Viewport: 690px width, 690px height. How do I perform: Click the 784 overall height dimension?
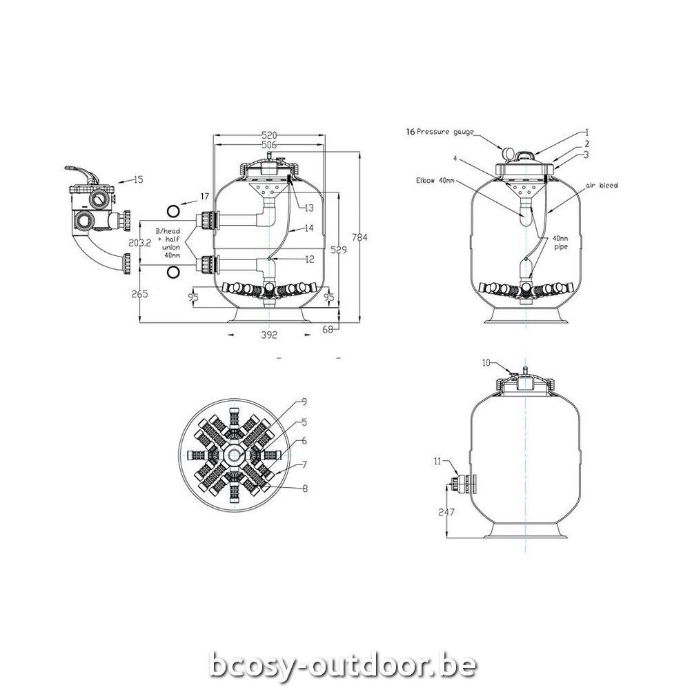[x=359, y=237]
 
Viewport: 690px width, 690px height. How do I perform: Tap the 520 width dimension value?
[x=269, y=135]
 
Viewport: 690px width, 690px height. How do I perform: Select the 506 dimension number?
[x=269, y=145]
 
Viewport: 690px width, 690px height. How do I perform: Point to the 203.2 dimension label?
[x=140, y=242]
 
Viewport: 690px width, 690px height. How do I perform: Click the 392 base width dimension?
[x=269, y=335]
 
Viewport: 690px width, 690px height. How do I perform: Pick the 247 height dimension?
[x=446, y=512]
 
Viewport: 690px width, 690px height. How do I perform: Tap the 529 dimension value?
[x=339, y=250]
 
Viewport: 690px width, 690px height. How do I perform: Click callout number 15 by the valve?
[x=138, y=179]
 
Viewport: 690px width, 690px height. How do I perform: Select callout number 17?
[x=204, y=196]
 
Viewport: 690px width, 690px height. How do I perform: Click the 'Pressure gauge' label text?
[x=445, y=132]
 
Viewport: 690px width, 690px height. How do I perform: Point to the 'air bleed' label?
[x=602, y=186]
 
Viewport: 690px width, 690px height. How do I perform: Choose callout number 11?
[x=437, y=462]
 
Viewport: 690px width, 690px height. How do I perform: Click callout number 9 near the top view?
[x=304, y=402]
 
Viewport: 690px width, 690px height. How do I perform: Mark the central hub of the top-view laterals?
[x=233, y=455]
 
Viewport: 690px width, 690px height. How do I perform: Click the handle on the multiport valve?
[x=81, y=172]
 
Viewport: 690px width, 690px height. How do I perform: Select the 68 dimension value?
[x=328, y=328]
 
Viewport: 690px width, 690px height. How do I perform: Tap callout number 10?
[x=486, y=363]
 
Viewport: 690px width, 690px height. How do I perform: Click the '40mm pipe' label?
[x=560, y=242]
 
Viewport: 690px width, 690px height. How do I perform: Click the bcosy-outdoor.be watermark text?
[x=343, y=665]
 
